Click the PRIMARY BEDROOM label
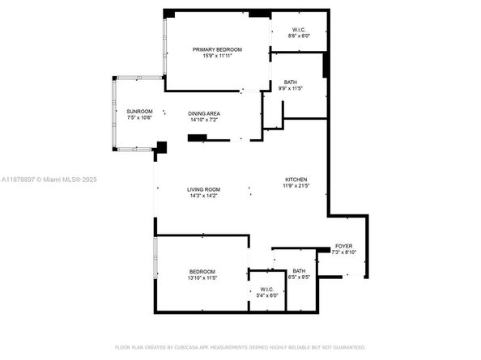pos(217,49)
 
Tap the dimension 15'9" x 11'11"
pos(217,57)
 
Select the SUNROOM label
pos(138,111)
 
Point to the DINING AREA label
pos(204,113)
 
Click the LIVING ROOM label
pos(204,189)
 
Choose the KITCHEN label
pos(296,180)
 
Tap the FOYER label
pos(343,246)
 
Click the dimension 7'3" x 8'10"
pos(343,252)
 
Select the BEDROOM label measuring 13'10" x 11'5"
pos(202,271)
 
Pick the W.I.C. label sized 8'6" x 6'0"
pos(299,30)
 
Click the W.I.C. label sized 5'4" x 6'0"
pos(267,289)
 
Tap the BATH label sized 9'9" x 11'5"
pos(289,83)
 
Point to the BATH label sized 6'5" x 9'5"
pos(299,271)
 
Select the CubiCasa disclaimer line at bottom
pos(240,346)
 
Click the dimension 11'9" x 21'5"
pos(296,187)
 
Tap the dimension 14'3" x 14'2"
pos(204,196)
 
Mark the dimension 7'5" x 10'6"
pos(138,118)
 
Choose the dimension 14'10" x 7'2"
pos(204,120)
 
